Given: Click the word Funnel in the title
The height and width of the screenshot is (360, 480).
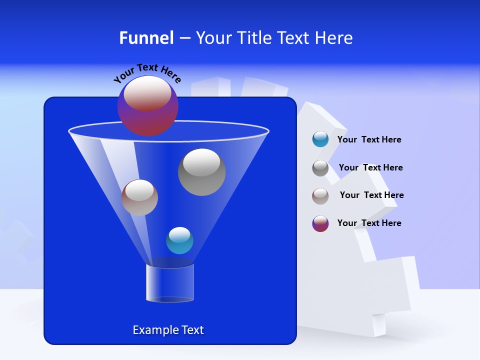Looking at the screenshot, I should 146,38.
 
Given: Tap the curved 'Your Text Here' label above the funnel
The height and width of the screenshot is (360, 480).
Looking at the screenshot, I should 147,72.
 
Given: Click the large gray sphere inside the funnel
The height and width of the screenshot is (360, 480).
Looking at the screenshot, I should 201,172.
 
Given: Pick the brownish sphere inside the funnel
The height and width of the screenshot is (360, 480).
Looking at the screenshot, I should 139,197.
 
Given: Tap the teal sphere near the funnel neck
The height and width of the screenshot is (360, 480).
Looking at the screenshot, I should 179,240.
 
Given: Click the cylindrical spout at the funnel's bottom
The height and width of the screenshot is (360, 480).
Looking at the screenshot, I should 170,283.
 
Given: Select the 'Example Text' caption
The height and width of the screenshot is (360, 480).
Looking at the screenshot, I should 168,330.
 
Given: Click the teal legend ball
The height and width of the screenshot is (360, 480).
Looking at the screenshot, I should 320,139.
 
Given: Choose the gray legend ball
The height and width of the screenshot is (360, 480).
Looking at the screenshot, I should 320,168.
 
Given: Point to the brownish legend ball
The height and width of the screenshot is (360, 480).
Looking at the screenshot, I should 320,195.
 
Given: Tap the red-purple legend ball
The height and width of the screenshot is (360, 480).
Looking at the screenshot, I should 320,223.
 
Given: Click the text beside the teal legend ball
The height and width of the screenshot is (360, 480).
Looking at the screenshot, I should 369,140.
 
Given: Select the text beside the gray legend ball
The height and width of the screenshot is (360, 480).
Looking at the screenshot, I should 370,168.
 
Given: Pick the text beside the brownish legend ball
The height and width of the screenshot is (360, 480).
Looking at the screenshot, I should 371,195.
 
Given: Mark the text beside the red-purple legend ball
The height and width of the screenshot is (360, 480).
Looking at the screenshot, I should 369,223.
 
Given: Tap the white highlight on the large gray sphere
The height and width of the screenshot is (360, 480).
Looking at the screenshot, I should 201,162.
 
